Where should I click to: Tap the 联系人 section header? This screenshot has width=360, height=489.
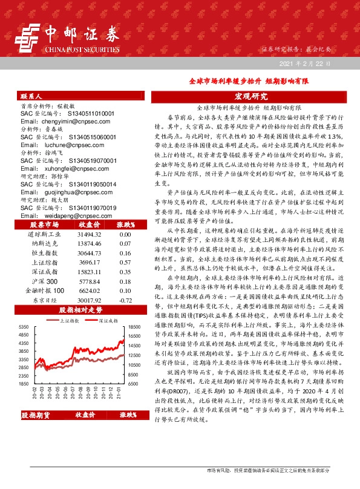coord(31,96)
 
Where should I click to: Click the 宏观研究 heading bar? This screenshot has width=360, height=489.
coord(250,96)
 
